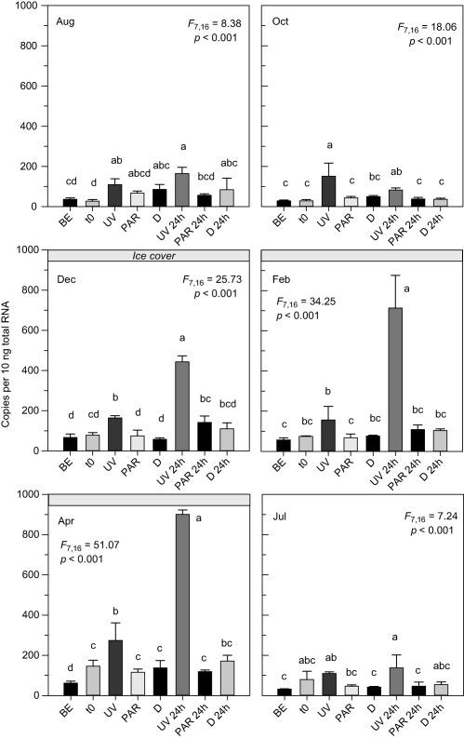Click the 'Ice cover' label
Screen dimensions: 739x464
149,256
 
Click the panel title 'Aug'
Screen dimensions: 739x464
65,20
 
